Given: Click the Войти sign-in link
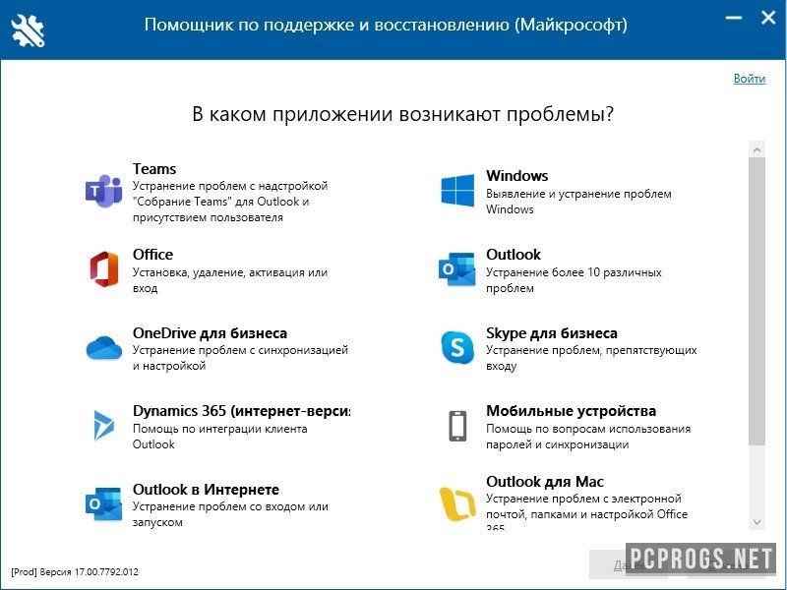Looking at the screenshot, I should (x=749, y=79).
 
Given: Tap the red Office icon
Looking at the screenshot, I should (x=103, y=267).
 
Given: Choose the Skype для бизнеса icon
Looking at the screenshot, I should (x=456, y=346).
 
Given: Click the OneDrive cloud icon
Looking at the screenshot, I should (x=103, y=347).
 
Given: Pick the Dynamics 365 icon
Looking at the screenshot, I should (x=103, y=425).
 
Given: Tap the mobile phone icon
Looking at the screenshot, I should (x=456, y=425).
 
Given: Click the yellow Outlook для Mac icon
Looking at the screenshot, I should (x=456, y=503).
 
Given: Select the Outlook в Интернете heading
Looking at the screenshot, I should (x=206, y=490).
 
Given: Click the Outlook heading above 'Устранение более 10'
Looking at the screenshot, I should (x=514, y=255).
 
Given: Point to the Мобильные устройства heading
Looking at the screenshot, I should (x=571, y=411).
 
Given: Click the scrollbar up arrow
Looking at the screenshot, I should (x=757, y=149).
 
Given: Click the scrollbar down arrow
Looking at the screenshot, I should (x=757, y=522).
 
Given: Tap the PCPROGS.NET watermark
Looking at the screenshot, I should (x=700, y=559).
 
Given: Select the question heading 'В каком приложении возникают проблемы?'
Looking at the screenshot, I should (x=403, y=115).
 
